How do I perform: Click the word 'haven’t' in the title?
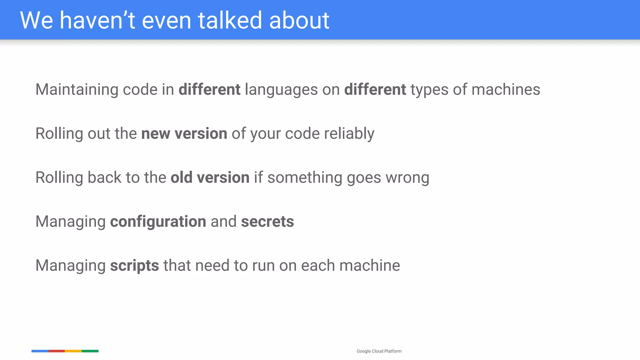(x=97, y=20)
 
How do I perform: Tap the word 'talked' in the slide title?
(x=230, y=20)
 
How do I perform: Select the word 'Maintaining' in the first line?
(x=77, y=90)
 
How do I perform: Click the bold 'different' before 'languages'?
(x=209, y=90)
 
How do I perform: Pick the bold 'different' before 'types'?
(x=375, y=90)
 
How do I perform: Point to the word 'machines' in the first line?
(x=506, y=90)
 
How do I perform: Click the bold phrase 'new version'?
(x=184, y=134)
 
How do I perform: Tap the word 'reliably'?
(x=349, y=134)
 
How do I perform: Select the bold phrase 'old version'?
(x=210, y=177)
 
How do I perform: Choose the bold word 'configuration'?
(x=158, y=222)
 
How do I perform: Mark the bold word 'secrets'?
(x=267, y=222)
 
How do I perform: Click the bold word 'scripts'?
(x=134, y=266)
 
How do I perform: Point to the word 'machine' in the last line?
(x=369, y=266)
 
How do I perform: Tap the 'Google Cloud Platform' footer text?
(x=379, y=351)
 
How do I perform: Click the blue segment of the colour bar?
(x=40, y=351)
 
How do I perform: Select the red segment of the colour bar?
(x=57, y=351)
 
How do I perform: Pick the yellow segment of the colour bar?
(x=73, y=351)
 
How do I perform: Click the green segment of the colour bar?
(x=90, y=351)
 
